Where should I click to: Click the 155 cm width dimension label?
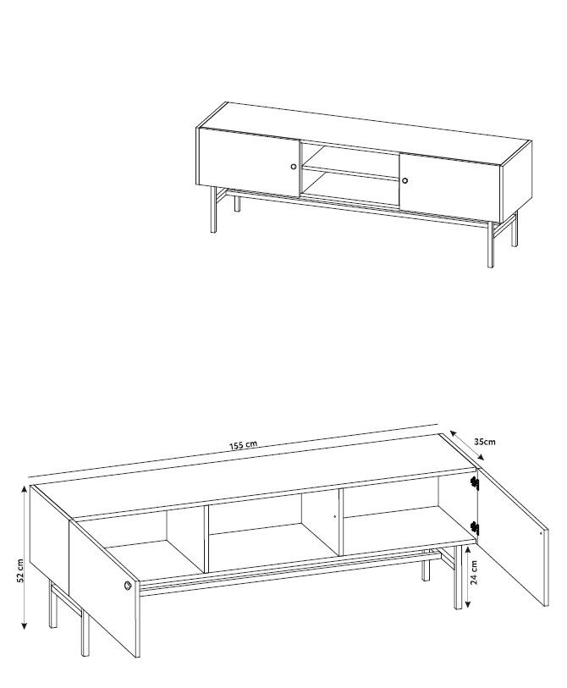point(243,445)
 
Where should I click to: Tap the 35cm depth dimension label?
point(485,442)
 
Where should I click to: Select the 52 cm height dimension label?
point(20,571)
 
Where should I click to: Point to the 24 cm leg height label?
point(475,574)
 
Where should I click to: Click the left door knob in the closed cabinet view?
point(294,167)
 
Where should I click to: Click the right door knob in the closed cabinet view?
point(405,180)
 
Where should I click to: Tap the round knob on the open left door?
point(128,586)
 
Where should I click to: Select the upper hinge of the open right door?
point(475,482)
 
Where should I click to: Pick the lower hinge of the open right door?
point(475,528)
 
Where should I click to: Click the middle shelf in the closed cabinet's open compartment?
point(351,173)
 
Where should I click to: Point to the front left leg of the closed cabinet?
point(214,209)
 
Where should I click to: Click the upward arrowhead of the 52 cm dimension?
point(24,490)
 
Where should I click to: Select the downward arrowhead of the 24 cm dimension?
point(468,604)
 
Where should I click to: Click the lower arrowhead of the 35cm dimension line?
point(481,457)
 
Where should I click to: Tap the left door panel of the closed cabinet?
point(249,162)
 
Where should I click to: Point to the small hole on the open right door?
point(541,533)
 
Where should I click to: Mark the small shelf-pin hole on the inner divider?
point(335,516)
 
